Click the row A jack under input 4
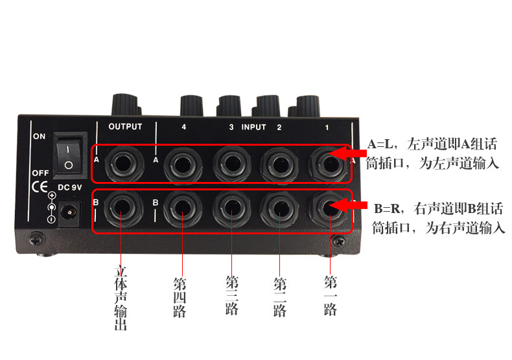[x=183, y=162]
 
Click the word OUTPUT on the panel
[x=124, y=127]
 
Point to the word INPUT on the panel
[x=253, y=127]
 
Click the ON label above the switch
[x=39, y=137]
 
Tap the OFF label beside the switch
[x=40, y=174]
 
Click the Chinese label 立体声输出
[x=121, y=298]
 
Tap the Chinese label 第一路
[x=330, y=295]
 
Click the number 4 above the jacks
[x=184, y=127]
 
